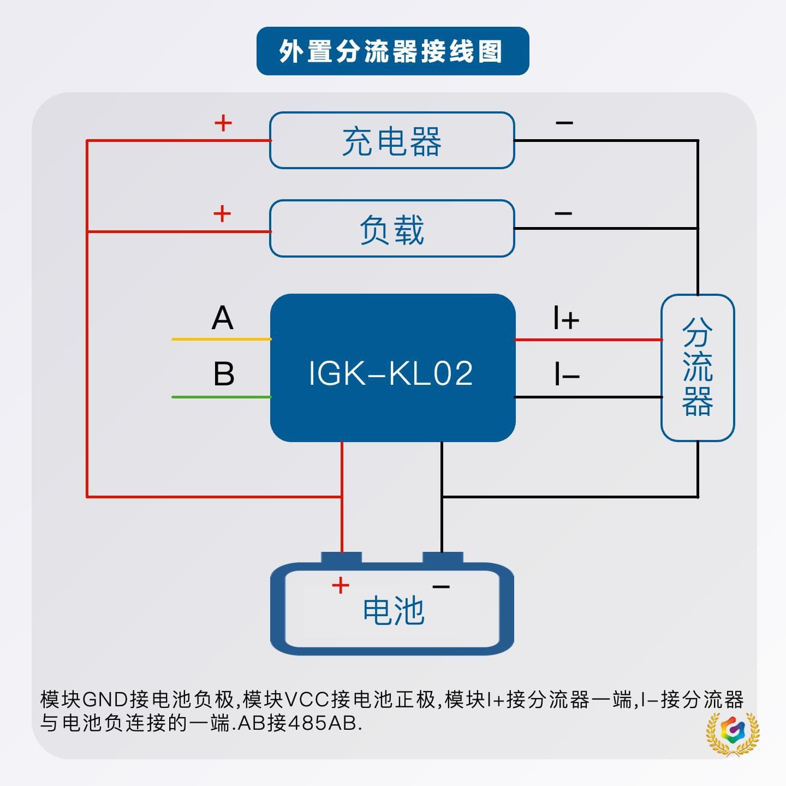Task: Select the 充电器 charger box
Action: [x=392, y=140]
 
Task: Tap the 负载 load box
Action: [x=392, y=228]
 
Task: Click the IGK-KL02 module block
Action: [x=393, y=367]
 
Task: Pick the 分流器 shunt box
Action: [x=698, y=367]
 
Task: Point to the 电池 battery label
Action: [x=394, y=611]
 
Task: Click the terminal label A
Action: [x=222, y=318]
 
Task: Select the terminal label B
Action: [x=224, y=373]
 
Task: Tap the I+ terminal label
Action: [x=566, y=318]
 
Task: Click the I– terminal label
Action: [x=567, y=374]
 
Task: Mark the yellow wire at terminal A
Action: [x=222, y=339]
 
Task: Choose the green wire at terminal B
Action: [x=222, y=397]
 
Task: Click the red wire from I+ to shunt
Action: [x=588, y=340]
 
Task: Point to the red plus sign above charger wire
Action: [x=223, y=123]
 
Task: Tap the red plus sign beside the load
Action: [x=222, y=213]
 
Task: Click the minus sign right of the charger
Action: [x=564, y=122]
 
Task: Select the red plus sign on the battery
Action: [x=341, y=586]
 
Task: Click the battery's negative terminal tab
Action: [x=443, y=558]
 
